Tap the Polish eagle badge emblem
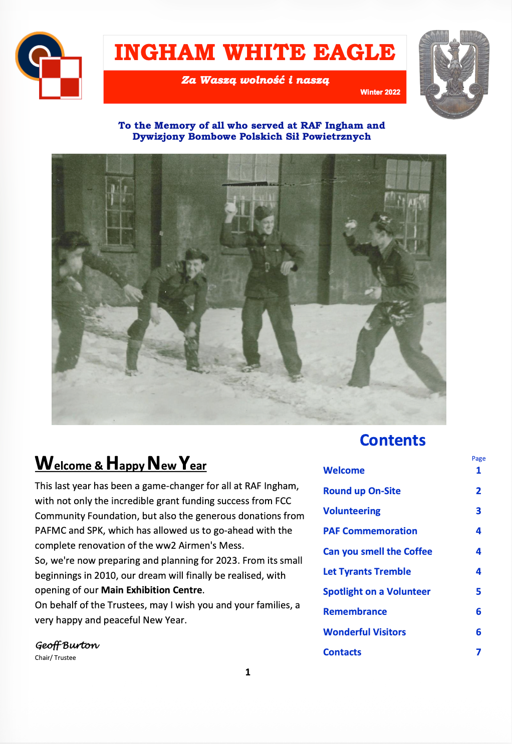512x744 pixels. click(454, 74)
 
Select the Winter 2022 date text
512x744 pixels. click(380, 92)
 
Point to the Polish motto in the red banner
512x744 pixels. click(255, 80)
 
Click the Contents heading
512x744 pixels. click(393, 440)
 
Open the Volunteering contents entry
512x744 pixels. click(352, 511)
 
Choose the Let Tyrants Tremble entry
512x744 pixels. click(367, 571)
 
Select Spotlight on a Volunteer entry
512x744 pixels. click(377, 591)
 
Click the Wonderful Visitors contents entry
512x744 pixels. click(365, 632)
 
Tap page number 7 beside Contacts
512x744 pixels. click(478, 652)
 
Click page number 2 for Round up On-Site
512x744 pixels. click(478, 491)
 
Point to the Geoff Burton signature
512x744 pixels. click(67, 645)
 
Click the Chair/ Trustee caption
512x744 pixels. click(56, 658)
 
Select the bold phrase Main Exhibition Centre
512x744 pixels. click(152, 590)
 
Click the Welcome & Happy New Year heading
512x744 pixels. click(121, 464)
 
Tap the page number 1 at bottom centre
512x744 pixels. click(247, 672)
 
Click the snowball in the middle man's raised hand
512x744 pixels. click(231, 207)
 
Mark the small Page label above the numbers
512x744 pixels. click(478, 458)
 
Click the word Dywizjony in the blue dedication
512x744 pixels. click(158, 137)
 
